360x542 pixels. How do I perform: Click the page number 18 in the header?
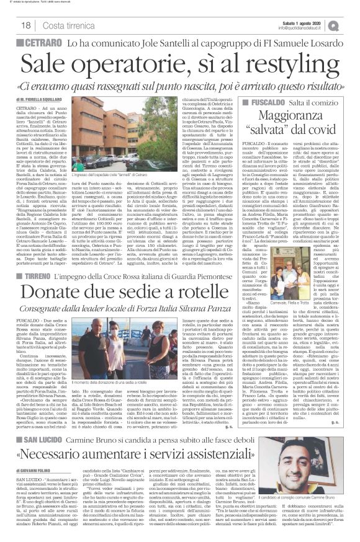(x=11, y=25)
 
